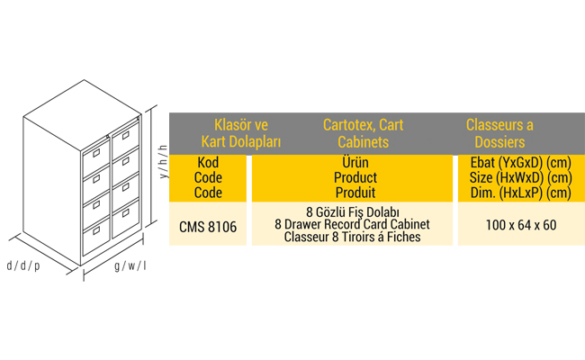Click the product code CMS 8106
click(208, 227)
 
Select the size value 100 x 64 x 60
click(521, 225)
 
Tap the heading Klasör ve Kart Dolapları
click(241, 133)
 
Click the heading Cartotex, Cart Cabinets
click(363, 133)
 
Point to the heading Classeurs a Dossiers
click(499, 133)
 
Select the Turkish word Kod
click(208, 162)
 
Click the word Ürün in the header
click(355, 162)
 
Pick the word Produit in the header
click(355, 193)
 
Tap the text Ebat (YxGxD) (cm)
click(521, 163)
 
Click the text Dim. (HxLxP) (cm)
click(521, 193)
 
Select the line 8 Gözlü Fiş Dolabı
click(353, 211)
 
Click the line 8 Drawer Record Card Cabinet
click(353, 224)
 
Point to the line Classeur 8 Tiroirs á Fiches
click(353, 237)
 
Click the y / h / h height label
click(163, 161)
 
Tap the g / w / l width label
click(130, 265)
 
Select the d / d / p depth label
click(23, 265)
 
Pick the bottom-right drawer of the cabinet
click(125, 218)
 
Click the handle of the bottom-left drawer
click(96, 231)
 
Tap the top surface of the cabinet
click(83, 114)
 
